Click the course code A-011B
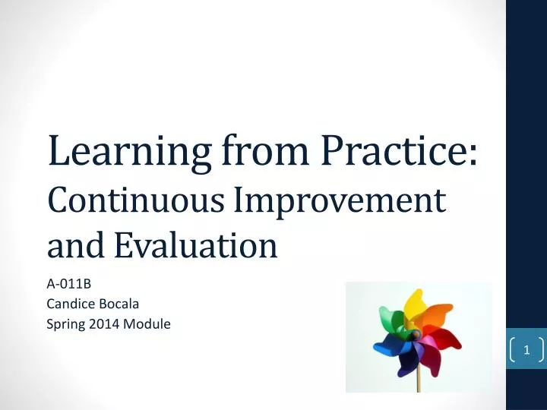(x=69, y=285)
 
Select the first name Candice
(x=70, y=304)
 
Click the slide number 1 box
(x=526, y=350)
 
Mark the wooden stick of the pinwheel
(x=419, y=376)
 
